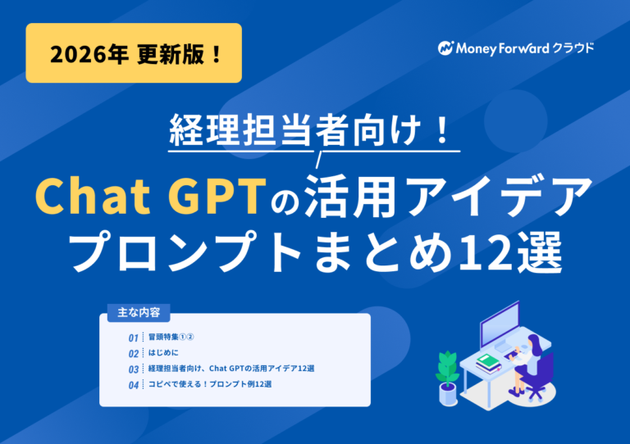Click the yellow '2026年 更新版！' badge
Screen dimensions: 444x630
click(134, 53)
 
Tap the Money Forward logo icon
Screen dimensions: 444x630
click(446, 48)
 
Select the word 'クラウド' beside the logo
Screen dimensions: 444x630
click(574, 48)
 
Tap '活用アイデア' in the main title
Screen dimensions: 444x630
click(446, 197)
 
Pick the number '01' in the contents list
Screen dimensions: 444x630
click(134, 338)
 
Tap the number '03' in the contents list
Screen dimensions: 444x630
click(134, 369)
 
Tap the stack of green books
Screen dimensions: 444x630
click(488, 360)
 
